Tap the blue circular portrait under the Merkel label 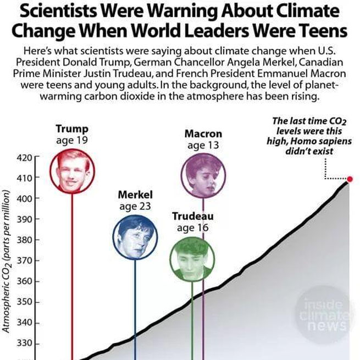135,236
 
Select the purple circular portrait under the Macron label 203,175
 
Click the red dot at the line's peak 350,179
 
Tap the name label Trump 72,129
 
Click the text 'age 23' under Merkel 135,206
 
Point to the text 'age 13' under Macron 203,146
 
